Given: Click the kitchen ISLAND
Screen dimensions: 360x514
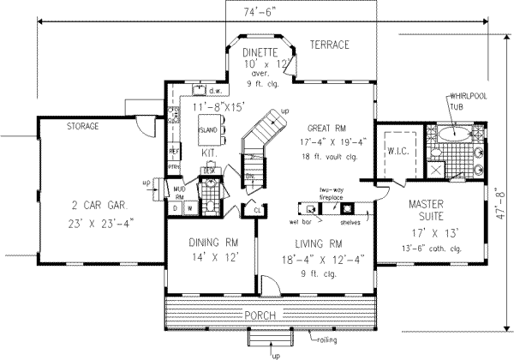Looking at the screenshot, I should (x=208, y=132).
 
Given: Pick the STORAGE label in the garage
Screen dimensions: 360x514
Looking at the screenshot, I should (x=82, y=126).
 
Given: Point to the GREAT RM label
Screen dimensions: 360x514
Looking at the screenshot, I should (x=331, y=126).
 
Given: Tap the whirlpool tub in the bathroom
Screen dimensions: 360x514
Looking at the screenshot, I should (x=455, y=134).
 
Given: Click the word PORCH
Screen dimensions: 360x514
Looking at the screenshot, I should (x=261, y=316).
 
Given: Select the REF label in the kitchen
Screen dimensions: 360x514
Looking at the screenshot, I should (x=173, y=151).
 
